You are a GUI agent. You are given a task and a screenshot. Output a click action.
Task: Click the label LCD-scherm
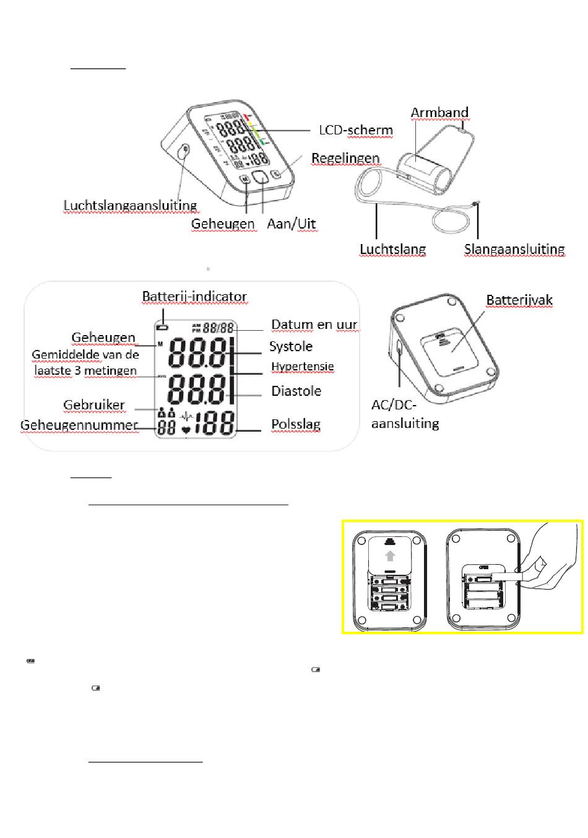pos(355,130)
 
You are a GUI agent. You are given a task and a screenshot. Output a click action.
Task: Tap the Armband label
pos(439,113)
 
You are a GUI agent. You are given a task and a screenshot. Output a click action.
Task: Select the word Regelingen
pos(345,158)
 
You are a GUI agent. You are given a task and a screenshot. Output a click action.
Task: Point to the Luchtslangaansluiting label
pos(130,205)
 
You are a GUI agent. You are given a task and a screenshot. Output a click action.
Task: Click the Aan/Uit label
pos(292,224)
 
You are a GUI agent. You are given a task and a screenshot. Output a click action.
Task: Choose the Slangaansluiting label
pos(514,249)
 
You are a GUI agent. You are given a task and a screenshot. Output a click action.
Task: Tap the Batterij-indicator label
pos(194,297)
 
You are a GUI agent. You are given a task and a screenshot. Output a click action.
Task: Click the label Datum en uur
pos(314,325)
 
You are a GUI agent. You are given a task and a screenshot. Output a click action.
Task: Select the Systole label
pos(290,346)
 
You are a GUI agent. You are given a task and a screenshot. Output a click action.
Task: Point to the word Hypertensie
pos(302,367)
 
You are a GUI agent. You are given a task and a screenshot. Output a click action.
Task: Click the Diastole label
pos(296,391)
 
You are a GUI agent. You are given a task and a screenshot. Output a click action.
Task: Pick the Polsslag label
pos(295,424)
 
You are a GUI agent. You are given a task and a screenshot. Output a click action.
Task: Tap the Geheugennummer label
pos(79,425)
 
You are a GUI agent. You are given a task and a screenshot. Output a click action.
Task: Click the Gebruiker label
pos(94,405)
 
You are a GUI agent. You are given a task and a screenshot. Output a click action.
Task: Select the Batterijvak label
pos(519,300)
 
